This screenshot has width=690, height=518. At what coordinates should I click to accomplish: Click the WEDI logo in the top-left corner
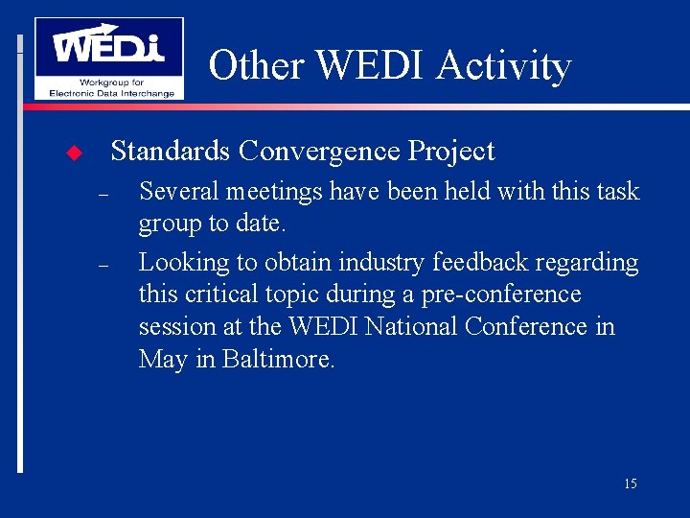[x=108, y=58]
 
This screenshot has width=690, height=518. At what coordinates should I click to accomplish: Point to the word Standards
[x=171, y=151]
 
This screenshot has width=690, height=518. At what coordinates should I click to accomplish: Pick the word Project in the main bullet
[x=451, y=151]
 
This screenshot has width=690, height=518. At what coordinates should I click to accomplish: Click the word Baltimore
[x=278, y=359]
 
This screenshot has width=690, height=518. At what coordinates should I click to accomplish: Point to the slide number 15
[x=630, y=483]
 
